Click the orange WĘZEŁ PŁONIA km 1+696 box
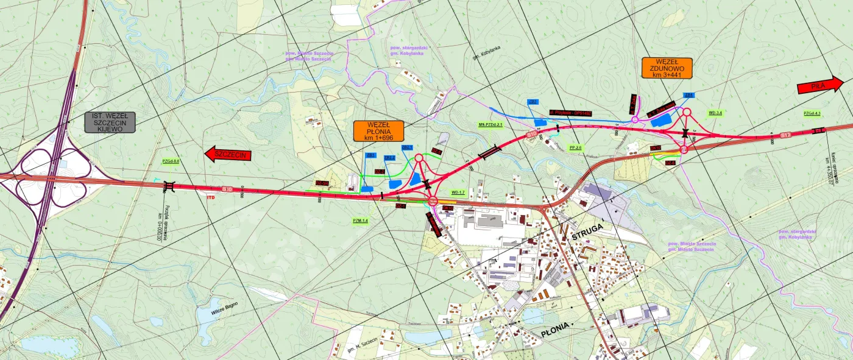(378, 131)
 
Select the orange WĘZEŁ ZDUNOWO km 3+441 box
(667, 68)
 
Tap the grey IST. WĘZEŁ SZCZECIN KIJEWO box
(110, 122)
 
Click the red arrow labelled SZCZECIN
(228, 154)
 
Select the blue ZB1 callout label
(369, 156)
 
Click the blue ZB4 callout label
(689, 96)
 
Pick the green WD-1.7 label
(458, 192)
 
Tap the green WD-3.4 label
(715, 113)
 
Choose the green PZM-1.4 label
(361, 221)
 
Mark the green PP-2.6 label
(575, 147)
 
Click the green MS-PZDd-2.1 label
(490, 124)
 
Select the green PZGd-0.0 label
(171, 161)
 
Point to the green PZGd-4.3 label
(812, 113)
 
